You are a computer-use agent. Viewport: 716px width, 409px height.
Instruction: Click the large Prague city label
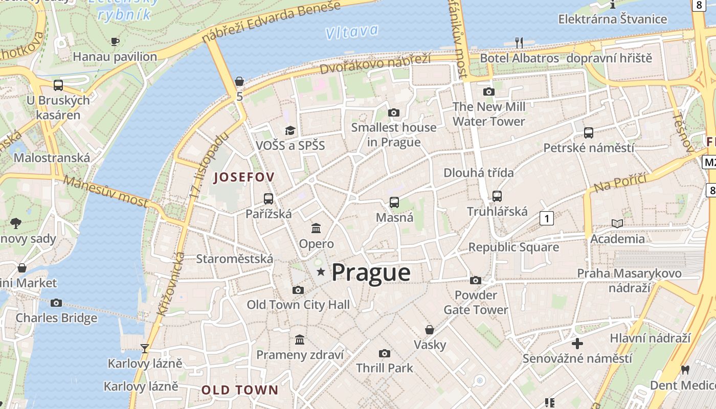click(371, 272)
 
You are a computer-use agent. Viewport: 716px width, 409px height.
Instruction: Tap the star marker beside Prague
click(321, 272)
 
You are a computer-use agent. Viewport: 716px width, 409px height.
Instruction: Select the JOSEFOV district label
click(244, 177)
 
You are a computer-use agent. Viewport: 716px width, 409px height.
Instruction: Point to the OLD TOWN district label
click(240, 390)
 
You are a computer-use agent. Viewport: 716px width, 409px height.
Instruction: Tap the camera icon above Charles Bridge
click(56, 303)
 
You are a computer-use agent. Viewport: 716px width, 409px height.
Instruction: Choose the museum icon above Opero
click(316, 228)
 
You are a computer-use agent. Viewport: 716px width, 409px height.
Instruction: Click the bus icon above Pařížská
click(268, 199)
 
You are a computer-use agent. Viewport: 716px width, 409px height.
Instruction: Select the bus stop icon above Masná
click(394, 202)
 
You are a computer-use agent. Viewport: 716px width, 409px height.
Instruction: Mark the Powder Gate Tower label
click(476, 302)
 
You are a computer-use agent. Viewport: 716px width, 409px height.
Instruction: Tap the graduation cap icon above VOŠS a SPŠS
click(290, 130)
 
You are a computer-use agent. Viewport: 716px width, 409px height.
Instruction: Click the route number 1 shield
click(547, 219)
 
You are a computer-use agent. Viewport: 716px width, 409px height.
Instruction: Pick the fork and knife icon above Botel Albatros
click(519, 42)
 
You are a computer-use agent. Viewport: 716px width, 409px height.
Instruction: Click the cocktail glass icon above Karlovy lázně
click(145, 349)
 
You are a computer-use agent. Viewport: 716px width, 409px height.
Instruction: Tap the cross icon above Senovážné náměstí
click(577, 343)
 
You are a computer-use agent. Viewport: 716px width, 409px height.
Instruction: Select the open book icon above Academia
click(617, 223)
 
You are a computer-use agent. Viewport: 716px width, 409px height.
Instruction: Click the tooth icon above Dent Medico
click(685, 370)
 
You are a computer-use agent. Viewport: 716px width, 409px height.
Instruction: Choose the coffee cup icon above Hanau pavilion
click(115, 41)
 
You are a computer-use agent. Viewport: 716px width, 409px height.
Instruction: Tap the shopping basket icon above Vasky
click(430, 330)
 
